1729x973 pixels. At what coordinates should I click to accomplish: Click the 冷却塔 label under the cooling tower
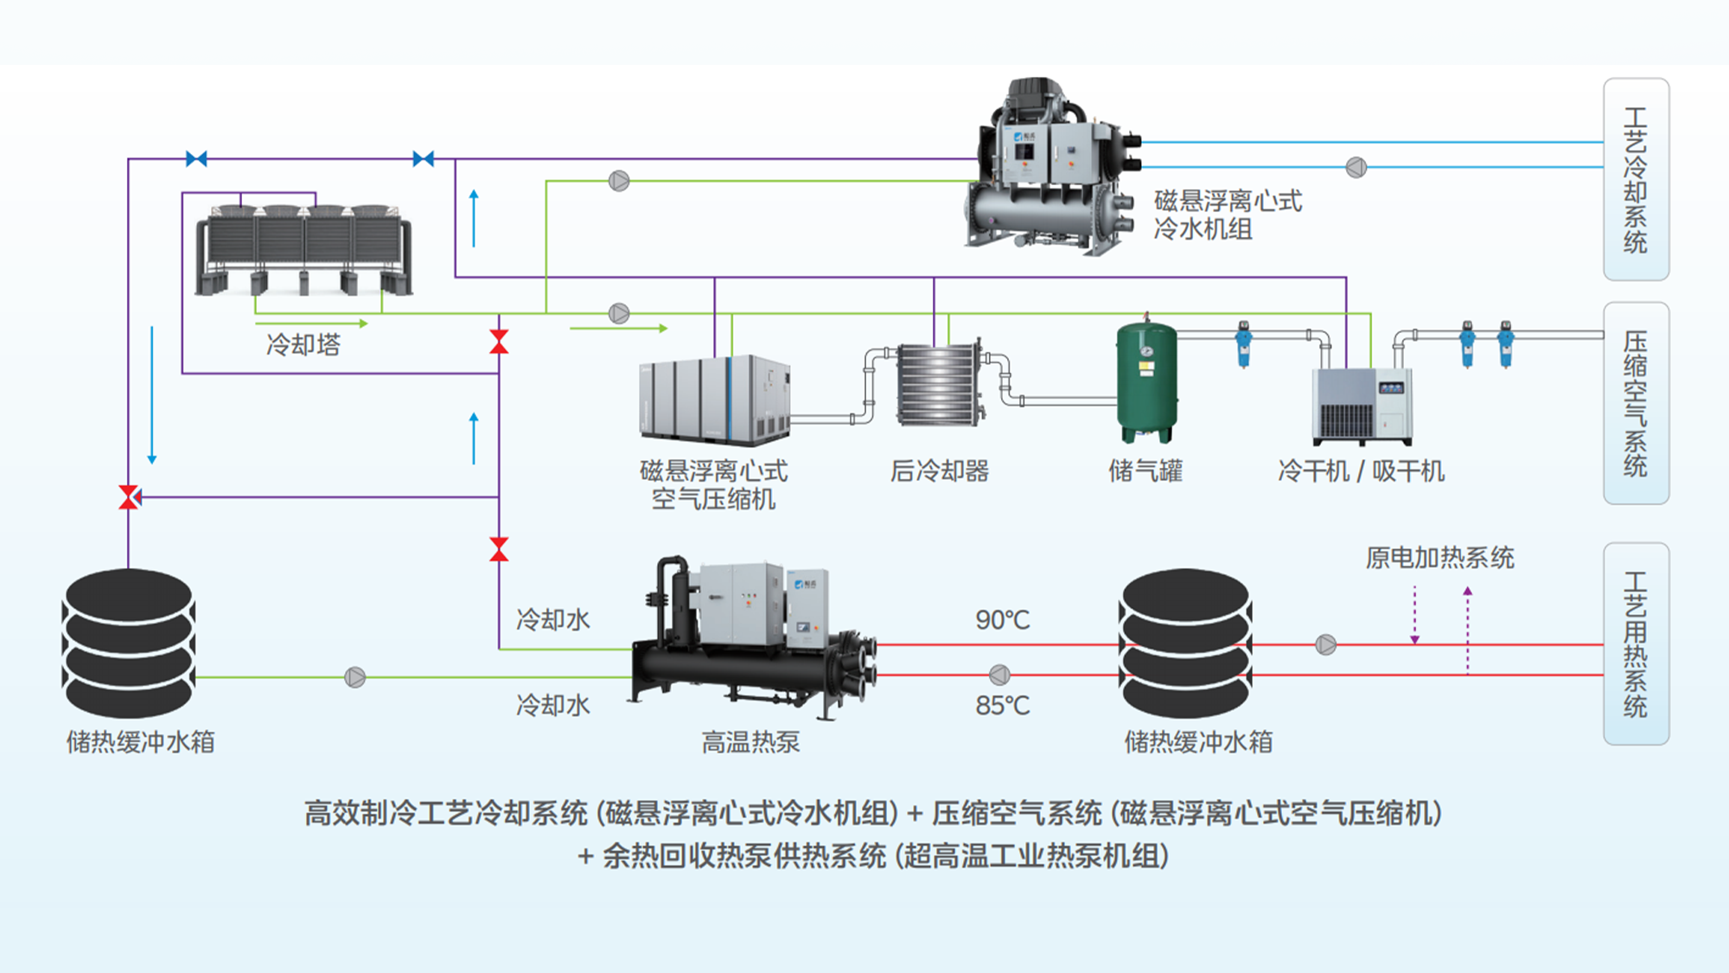[303, 345]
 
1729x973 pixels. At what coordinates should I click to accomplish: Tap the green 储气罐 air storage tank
[1146, 381]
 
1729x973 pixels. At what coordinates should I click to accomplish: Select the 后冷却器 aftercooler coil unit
[939, 384]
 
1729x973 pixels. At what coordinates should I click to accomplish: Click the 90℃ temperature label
[1003, 620]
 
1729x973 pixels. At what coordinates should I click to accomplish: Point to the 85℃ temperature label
[1003, 706]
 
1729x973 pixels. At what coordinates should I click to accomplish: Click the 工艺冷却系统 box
[1636, 179]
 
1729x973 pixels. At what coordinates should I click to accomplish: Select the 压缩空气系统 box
[1636, 403]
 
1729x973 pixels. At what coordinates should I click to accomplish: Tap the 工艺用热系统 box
[1636, 643]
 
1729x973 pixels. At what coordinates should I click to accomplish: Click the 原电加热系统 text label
[1440, 558]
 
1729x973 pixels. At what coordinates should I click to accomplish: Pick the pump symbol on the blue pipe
[1356, 168]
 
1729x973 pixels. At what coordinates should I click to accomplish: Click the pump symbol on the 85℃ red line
[999, 675]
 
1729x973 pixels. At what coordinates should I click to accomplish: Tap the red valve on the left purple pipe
[129, 497]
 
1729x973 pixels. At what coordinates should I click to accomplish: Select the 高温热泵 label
[750, 742]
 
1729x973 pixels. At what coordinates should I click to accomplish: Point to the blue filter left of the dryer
[1243, 344]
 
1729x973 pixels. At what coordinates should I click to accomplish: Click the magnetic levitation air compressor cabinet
[714, 399]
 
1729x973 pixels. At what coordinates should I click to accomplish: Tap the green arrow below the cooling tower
[312, 323]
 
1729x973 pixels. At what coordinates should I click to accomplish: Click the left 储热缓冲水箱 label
[141, 742]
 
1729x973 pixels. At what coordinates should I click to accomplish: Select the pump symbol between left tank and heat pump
[355, 677]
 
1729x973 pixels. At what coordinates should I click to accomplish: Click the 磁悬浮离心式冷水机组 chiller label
[1228, 215]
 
